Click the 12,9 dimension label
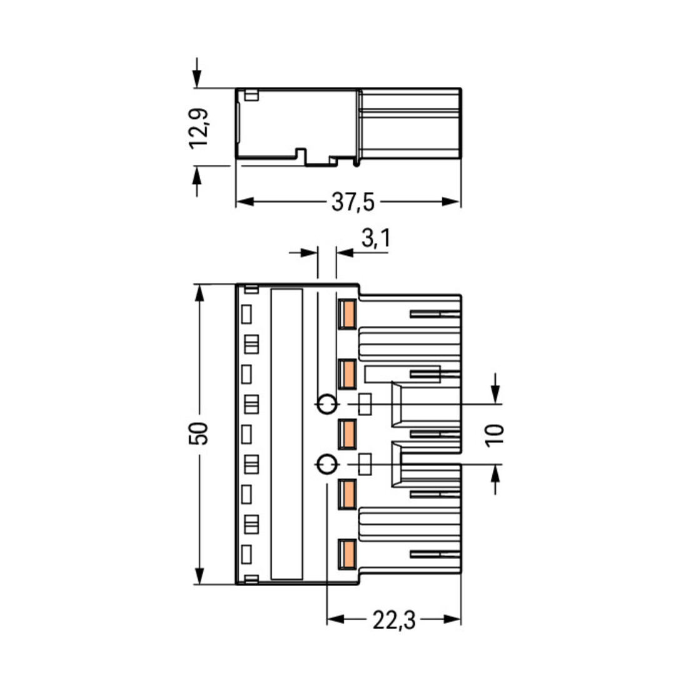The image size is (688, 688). pyautogui.click(x=199, y=128)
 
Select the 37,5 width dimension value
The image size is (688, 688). pyautogui.click(x=353, y=202)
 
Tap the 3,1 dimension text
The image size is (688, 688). pyautogui.click(x=376, y=239)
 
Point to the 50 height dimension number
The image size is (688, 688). pyautogui.click(x=199, y=433)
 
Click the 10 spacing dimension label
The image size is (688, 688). pyautogui.click(x=495, y=435)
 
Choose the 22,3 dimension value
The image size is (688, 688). pyautogui.click(x=393, y=620)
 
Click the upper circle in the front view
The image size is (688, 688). pyautogui.click(x=327, y=404)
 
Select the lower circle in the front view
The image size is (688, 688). pyautogui.click(x=327, y=464)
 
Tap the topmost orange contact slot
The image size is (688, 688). pyautogui.click(x=347, y=314)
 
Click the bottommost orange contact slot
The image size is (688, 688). pyautogui.click(x=347, y=554)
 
